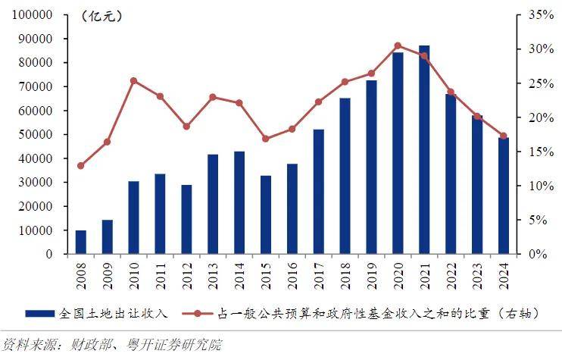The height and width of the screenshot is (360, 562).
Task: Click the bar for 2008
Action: [81, 242]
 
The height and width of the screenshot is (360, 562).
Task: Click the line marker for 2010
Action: [133, 80]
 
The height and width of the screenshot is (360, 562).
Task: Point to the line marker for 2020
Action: [398, 45]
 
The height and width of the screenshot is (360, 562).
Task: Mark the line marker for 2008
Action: [81, 165]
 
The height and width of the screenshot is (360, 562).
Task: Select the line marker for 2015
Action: [265, 139]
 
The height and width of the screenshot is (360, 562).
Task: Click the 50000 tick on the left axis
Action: [35, 134]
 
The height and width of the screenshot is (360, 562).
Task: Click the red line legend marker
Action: [199, 312]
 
